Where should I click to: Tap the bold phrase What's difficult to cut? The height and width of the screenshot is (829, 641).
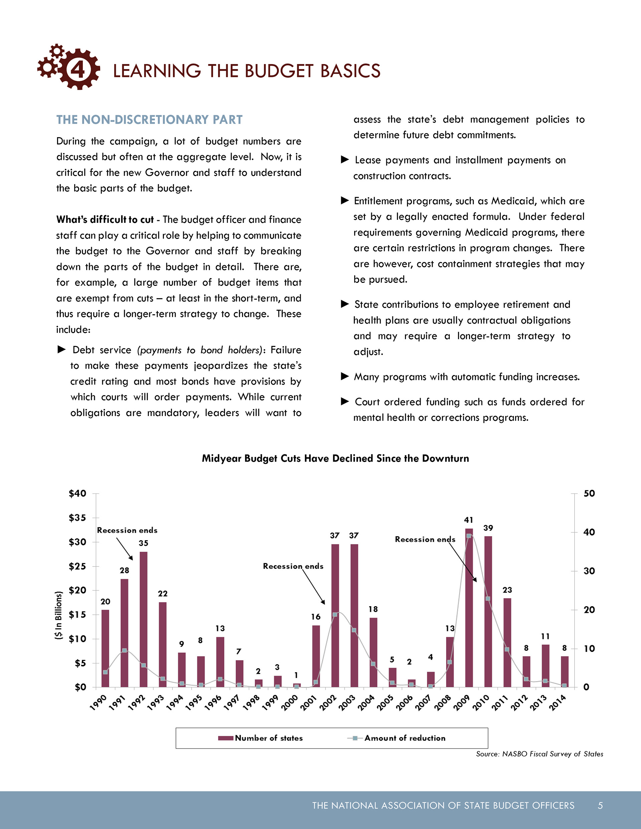coord(105,220)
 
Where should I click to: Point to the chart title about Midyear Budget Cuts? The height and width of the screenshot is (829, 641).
coord(335,458)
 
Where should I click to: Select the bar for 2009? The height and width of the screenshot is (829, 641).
coord(469,607)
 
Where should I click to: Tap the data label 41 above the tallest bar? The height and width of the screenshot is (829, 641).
coord(468,520)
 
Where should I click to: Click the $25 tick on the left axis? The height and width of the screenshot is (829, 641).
coord(77,566)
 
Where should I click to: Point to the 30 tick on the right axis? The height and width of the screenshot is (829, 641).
coord(589,571)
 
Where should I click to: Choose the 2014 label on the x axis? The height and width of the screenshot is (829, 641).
coord(558,703)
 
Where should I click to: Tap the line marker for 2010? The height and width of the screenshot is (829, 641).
coord(488,598)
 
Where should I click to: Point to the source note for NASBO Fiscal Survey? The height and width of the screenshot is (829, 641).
coord(539,754)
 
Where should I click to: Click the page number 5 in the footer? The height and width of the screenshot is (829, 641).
coord(600,805)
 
